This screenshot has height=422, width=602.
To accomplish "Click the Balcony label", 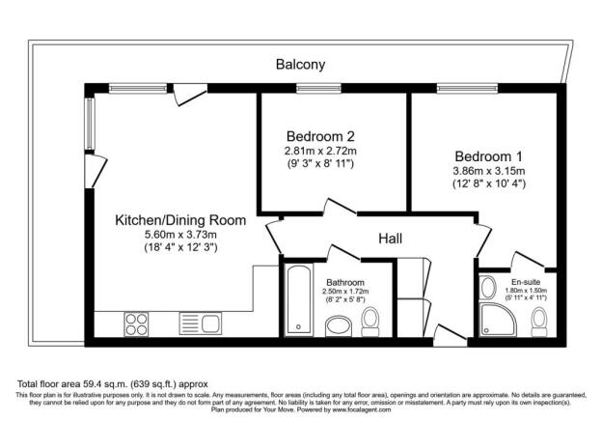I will (300, 65).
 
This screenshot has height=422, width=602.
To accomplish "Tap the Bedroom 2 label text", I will (319, 136).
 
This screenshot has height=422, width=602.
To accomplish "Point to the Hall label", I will (390, 238).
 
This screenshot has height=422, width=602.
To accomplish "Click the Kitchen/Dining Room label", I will (180, 220).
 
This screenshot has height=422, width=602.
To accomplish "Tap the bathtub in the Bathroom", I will (298, 298).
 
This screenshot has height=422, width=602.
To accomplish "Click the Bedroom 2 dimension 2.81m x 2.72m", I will (319, 152).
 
